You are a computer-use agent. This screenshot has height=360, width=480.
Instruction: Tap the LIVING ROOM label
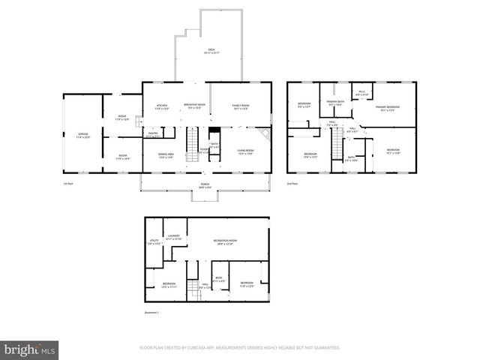click(x=245, y=151)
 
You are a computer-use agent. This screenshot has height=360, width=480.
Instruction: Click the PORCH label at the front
click(x=203, y=186)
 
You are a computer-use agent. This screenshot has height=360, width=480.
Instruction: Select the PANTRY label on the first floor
click(x=152, y=135)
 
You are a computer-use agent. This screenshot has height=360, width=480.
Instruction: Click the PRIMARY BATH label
click(x=335, y=103)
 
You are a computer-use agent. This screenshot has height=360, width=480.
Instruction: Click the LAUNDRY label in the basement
click(x=174, y=237)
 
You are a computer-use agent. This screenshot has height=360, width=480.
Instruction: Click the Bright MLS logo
click(x=29, y=349)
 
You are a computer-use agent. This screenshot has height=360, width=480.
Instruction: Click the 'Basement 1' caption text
click(x=152, y=312)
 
